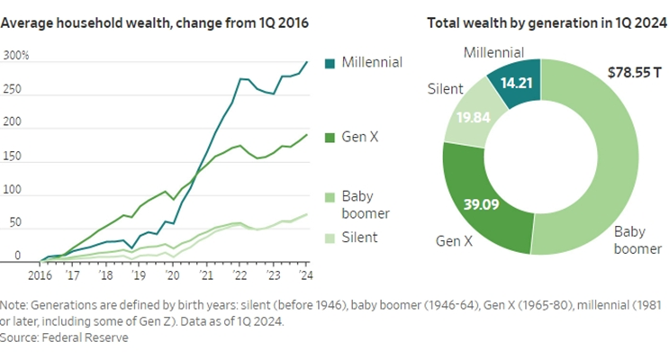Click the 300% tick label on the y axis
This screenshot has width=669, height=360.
click(x=16, y=56)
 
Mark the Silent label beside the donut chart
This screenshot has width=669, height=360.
click(x=445, y=88)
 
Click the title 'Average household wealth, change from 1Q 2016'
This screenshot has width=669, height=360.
click(x=154, y=21)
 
